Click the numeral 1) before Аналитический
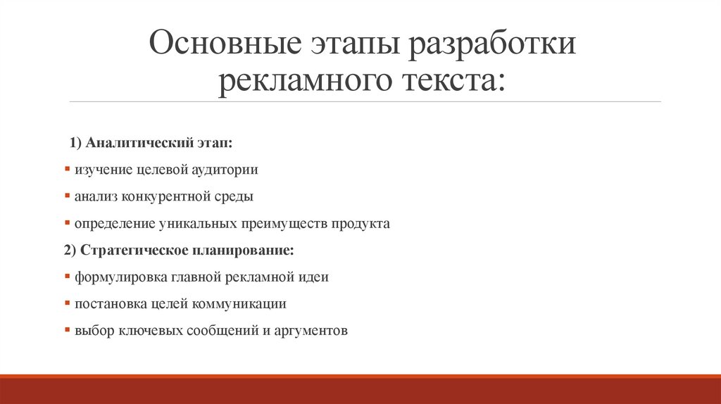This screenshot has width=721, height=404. point(76,144)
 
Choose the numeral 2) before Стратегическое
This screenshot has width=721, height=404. point(69,251)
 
